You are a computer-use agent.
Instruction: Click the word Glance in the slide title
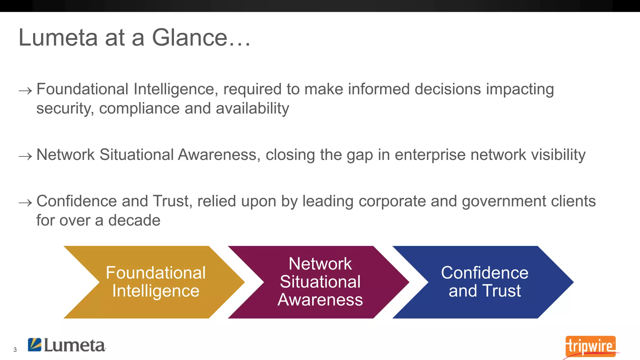[x=190, y=37]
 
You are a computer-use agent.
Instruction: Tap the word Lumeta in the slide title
[x=58, y=37]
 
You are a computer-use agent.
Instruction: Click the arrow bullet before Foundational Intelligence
[x=25, y=91]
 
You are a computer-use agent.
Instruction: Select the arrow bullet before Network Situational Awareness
[x=25, y=156]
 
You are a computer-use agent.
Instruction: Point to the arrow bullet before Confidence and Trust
[x=25, y=203]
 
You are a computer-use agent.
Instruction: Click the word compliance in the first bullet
[x=139, y=108]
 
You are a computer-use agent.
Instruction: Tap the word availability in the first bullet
[x=252, y=108]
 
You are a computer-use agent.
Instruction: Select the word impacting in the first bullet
[x=520, y=89]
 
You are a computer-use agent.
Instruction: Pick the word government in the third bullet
[x=504, y=201]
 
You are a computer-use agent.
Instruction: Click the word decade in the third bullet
[x=134, y=220]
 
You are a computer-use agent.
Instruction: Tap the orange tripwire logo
[x=590, y=346]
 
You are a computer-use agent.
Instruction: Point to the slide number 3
[x=15, y=350]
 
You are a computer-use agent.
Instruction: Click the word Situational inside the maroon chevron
[x=320, y=282]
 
